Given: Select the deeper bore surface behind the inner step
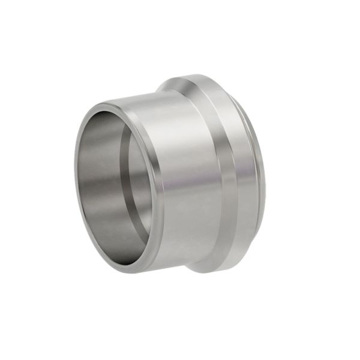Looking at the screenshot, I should point(141,180).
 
